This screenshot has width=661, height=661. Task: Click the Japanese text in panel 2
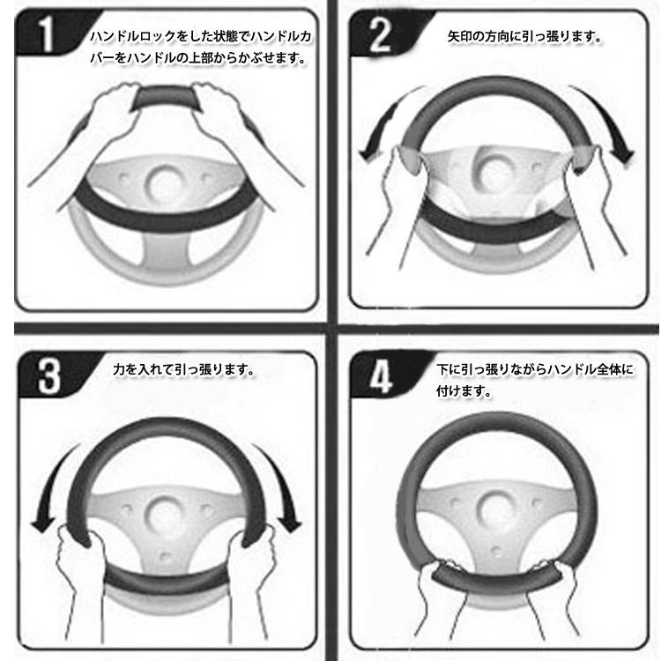[524, 38]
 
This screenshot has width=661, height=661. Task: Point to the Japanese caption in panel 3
[184, 370]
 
